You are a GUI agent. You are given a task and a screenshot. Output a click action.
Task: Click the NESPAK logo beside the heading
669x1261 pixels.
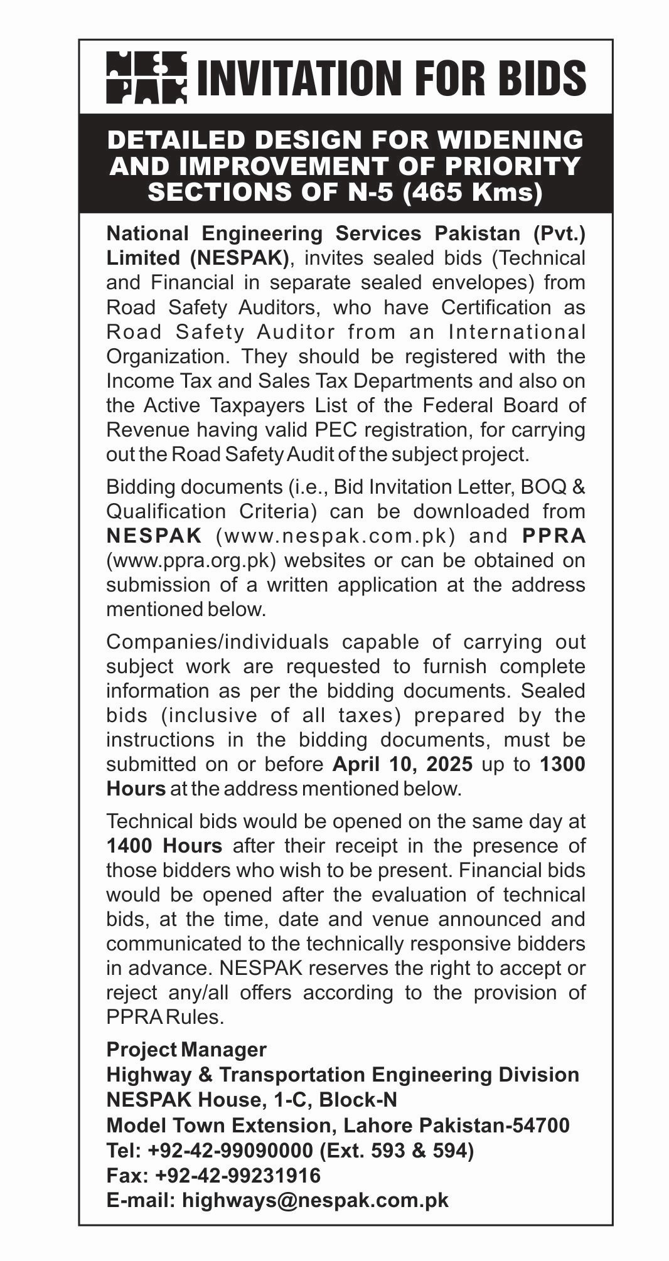click(x=146, y=77)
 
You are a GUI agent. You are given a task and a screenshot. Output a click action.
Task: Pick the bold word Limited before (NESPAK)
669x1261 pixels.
click(x=142, y=258)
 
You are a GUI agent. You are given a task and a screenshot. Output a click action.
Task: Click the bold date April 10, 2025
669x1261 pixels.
click(x=402, y=764)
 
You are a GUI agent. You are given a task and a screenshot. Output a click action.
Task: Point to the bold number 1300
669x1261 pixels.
click(x=562, y=764)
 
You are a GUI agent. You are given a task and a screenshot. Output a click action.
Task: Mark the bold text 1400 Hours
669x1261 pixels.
click(x=164, y=846)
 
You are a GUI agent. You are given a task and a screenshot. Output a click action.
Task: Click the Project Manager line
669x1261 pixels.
click(x=186, y=1050)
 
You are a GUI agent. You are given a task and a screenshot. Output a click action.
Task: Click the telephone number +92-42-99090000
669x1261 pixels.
click(x=230, y=1151)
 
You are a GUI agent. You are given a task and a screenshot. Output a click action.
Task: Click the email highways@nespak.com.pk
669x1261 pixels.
click(x=315, y=1200)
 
